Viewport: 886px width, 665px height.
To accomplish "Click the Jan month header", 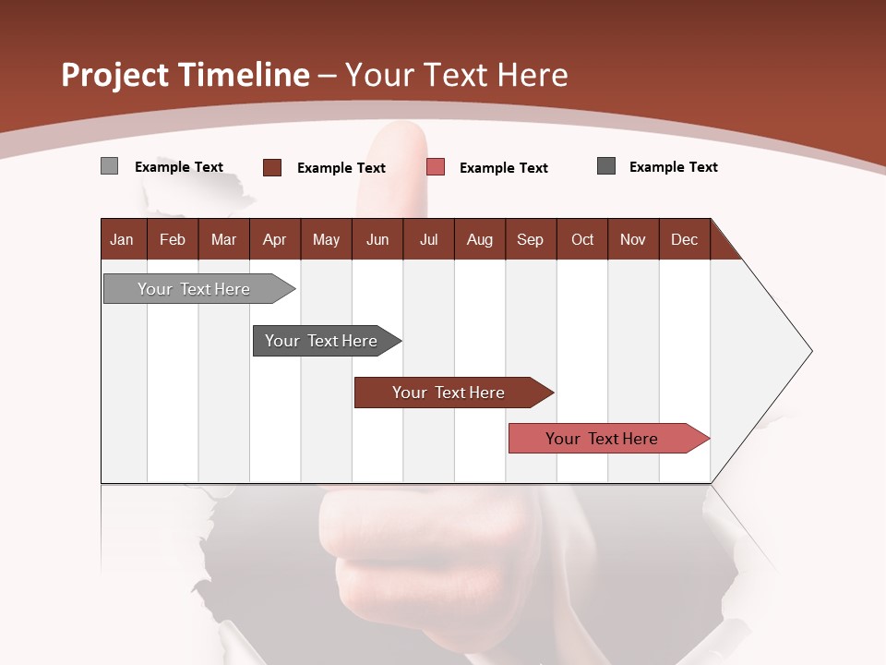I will tap(123, 240).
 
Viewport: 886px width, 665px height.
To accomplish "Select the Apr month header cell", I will tap(275, 240).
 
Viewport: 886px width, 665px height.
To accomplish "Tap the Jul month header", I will tap(429, 240).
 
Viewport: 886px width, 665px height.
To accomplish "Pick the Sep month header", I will tap(531, 240).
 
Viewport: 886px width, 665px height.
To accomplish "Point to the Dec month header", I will tap(685, 240).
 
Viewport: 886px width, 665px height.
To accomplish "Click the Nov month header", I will tap(633, 240).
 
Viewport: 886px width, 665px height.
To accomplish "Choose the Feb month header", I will tap(173, 240).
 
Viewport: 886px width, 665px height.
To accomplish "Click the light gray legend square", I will tap(110, 166).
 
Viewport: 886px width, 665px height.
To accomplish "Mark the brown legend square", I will tap(272, 167).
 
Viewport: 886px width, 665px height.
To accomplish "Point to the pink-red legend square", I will tap(436, 167).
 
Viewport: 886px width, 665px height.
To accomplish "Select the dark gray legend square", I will tap(606, 166).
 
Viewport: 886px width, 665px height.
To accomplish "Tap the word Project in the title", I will tap(114, 75).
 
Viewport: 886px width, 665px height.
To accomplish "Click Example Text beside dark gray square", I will tap(673, 167).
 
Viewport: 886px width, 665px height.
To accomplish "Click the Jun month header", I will tap(377, 240).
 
